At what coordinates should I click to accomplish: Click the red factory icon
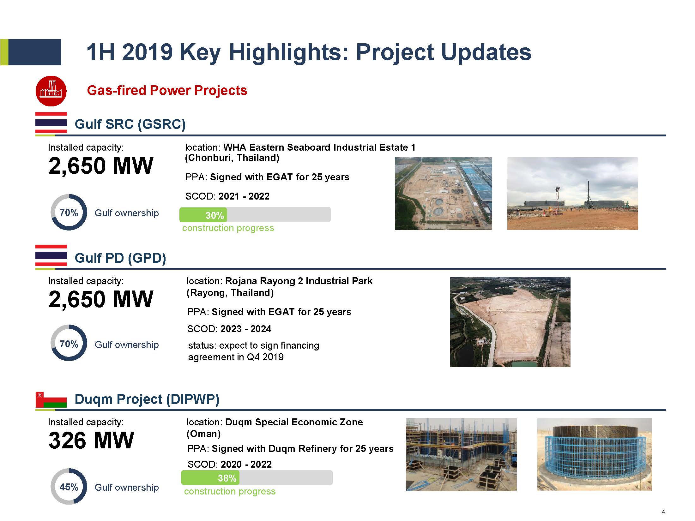click(x=51, y=91)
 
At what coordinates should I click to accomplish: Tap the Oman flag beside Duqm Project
click(x=51, y=399)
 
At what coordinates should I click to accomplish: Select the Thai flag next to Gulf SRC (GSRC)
click(x=51, y=123)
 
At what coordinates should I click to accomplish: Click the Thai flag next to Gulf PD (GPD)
click(x=51, y=255)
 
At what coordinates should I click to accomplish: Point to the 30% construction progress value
click(x=215, y=215)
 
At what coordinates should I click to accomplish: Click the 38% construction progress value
click(x=227, y=478)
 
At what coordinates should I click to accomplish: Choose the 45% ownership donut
click(x=69, y=486)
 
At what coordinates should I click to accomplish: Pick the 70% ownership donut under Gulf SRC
click(x=69, y=212)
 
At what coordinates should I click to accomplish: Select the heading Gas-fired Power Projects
click(x=167, y=90)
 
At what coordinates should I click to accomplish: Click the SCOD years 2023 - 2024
click(x=246, y=329)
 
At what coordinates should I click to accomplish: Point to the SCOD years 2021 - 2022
click(x=244, y=196)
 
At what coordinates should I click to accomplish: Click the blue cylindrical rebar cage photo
click(x=594, y=454)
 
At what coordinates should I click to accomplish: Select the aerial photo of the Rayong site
click(x=510, y=322)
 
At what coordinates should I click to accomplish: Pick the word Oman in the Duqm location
click(x=203, y=434)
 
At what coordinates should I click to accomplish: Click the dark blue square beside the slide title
click(x=34, y=52)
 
